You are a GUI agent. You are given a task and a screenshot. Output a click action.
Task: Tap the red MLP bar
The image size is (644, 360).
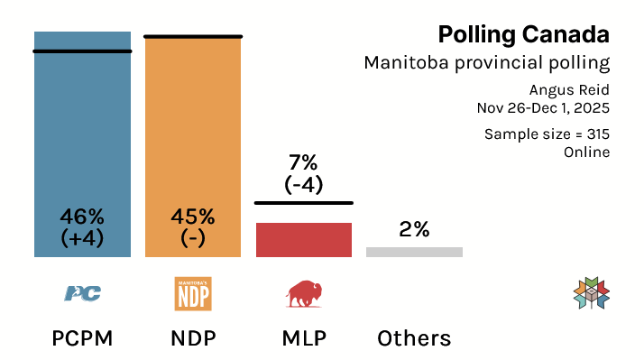303,239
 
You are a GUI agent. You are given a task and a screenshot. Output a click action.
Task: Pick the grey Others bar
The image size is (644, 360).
414,252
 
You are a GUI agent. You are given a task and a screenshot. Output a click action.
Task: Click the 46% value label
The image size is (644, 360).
82,217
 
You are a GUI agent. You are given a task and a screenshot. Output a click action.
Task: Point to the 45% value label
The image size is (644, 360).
192,217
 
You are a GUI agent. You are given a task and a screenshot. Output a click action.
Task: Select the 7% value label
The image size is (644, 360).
303,163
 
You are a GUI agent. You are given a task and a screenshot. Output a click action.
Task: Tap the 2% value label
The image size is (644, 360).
414,229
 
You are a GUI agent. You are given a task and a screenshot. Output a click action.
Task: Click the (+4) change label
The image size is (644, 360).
82,238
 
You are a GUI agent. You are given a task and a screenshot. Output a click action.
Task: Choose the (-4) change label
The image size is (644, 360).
303,185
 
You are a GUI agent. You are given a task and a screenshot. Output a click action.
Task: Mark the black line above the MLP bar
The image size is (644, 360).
303,203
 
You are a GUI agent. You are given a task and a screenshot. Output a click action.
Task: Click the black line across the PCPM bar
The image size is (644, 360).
82,51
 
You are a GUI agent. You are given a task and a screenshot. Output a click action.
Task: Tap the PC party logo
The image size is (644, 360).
82,293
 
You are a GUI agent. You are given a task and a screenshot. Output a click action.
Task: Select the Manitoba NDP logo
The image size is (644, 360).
192,293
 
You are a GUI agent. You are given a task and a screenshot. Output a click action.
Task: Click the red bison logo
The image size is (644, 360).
303,293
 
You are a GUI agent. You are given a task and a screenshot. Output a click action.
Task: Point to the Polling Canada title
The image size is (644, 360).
523,34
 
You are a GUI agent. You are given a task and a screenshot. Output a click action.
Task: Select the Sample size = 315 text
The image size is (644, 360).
547,134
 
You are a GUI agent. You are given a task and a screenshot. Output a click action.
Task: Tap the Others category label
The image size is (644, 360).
414,338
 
